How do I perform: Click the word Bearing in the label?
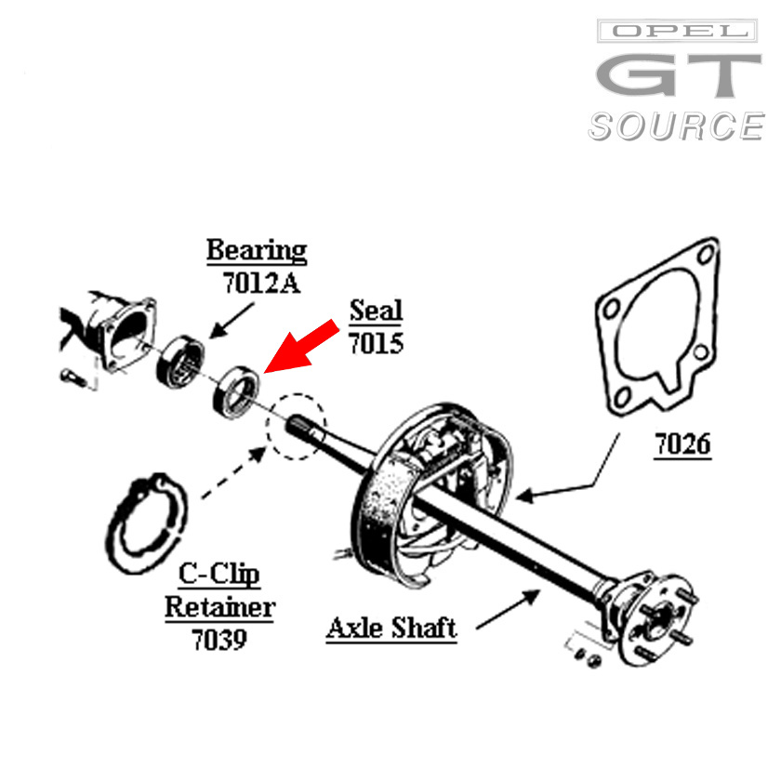pos(257,250)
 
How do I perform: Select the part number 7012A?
pos(261,282)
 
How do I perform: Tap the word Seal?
pos(376,311)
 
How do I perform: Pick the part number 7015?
pos(376,342)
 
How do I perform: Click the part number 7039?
pos(219,640)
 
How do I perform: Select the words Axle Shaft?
pos(391,629)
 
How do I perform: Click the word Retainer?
pos(220,608)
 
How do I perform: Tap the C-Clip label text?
pos(220,575)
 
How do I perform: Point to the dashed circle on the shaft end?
pos(297,428)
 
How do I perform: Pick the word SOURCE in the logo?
pos(676,126)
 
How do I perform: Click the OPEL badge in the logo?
pos(677,32)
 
